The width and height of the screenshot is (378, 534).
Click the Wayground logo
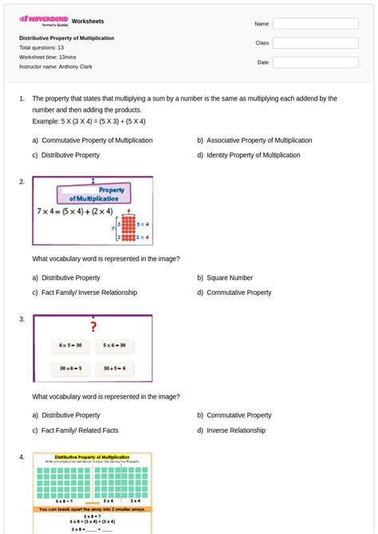click(x=44, y=20)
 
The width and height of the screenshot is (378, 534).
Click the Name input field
click(x=315, y=24)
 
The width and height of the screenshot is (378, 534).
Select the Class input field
click(x=315, y=43)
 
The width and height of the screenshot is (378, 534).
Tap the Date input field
click(x=315, y=62)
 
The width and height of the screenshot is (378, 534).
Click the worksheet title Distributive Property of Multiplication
click(x=66, y=38)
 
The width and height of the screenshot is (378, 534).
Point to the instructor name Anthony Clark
click(x=56, y=67)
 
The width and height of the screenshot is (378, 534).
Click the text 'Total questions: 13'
click(x=41, y=48)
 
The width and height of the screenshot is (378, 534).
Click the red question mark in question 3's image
click(x=93, y=327)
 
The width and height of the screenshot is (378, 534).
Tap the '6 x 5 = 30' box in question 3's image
click(x=70, y=346)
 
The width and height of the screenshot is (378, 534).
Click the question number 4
click(x=22, y=457)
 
